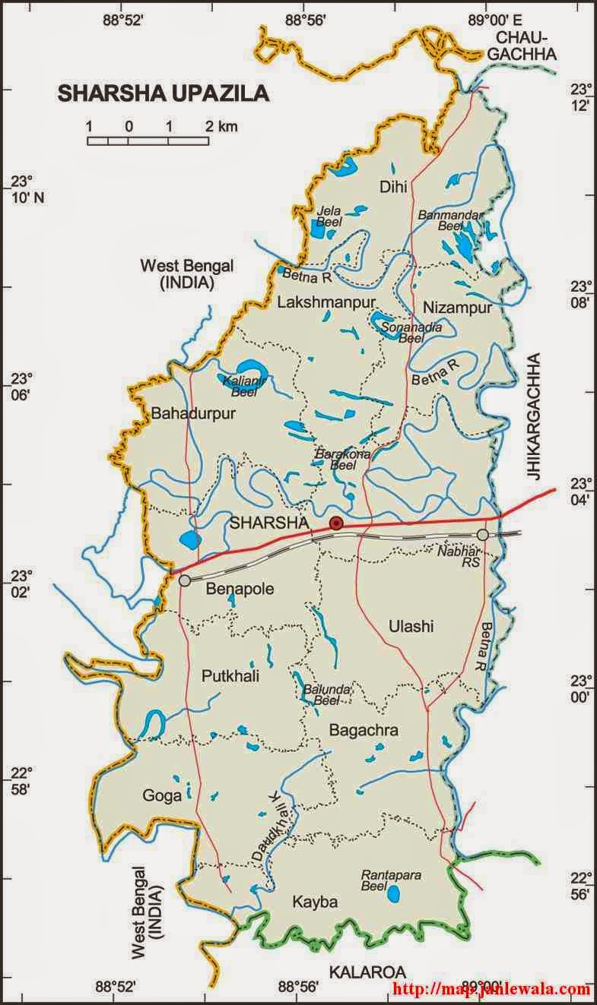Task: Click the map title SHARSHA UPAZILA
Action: coord(163,93)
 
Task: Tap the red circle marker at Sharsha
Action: coord(336,523)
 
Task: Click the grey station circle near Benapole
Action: coord(185,580)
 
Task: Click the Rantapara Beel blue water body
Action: coord(393,894)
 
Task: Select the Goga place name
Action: coord(161,795)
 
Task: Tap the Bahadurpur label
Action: coord(194,414)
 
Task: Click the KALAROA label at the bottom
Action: coord(367,972)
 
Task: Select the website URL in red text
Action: coord(491,989)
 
